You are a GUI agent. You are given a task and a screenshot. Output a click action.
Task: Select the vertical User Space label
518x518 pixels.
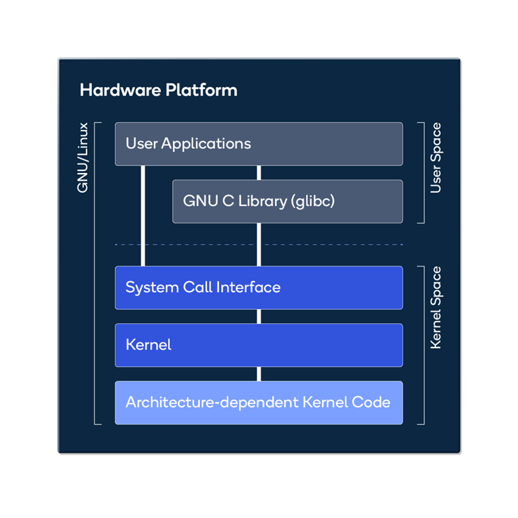[x=436, y=158]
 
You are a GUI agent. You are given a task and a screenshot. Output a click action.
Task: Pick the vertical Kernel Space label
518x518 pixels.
[x=436, y=307]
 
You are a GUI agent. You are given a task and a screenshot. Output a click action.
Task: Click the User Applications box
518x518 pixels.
[x=258, y=144]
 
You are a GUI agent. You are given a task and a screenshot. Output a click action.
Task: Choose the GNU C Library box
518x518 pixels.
[x=287, y=201]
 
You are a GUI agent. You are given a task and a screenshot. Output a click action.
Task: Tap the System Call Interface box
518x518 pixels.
[x=258, y=288]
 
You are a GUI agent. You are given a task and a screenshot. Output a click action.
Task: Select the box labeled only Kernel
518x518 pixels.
[x=258, y=345]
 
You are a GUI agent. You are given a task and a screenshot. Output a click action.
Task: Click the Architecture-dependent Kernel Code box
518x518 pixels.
[x=258, y=402]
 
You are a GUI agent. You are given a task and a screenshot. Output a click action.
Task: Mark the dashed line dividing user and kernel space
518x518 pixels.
[x=191, y=244]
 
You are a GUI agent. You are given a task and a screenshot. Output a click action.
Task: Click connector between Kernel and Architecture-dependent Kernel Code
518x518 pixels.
[x=258, y=374]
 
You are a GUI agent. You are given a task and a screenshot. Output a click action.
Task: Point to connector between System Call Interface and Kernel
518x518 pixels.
[x=258, y=316]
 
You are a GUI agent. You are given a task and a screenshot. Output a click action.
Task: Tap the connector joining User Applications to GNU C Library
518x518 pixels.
[x=258, y=172]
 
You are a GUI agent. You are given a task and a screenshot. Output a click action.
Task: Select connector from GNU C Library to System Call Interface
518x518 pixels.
[x=258, y=245]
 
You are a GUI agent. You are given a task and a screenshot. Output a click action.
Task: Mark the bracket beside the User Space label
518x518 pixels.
[x=423, y=172]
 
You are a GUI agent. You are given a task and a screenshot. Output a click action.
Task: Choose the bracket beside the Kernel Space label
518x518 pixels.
[x=423, y=345]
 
